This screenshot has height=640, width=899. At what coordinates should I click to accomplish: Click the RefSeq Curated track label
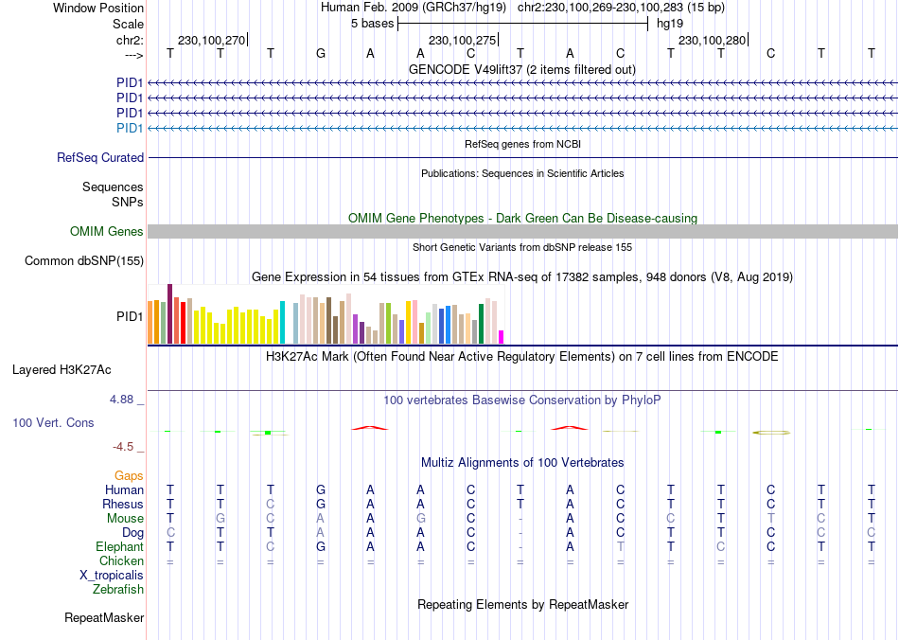click(x=100, y=158)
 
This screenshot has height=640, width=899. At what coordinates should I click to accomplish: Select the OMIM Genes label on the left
click(x=107, y=232)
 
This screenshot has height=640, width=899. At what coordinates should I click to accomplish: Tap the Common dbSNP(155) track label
click(x=84, y=261)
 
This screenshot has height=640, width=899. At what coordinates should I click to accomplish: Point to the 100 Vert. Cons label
click(x=53, y=422)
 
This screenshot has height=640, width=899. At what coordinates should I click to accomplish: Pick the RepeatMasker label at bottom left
click(x=104, y=618)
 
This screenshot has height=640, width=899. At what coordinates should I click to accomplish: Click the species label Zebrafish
click(x=118, y=590)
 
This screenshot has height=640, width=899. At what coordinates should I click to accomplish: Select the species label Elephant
click(x=119, y=547)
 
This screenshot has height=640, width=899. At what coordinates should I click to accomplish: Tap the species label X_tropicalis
click(x=112, y=576)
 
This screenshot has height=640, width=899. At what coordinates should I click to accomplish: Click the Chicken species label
click(x=121, y=561)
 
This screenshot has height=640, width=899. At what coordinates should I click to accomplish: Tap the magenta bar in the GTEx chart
click(x=502, y=336)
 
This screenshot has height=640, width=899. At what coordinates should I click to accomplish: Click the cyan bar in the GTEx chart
click(x=283, y=322)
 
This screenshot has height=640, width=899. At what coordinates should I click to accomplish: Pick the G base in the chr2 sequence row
click(x=321, y=54)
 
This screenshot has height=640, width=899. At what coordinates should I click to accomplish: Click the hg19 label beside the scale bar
click(x=670, y=23)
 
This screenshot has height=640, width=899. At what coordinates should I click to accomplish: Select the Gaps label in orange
click(x=129, y=475)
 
